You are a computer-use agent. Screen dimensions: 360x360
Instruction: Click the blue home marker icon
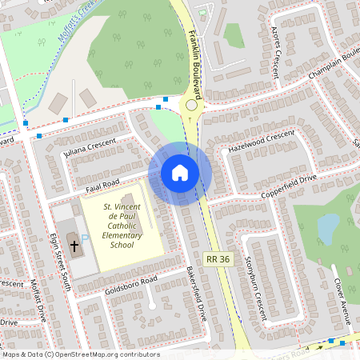[x=180, y=172]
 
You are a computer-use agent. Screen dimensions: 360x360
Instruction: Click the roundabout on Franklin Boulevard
[x=191, y=105]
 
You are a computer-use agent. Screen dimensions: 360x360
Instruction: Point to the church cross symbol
[x=74, y=244]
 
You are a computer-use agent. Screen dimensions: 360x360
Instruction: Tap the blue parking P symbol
[x=85, y=238]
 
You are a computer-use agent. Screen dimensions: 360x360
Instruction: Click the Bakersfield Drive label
[x=198, y=294]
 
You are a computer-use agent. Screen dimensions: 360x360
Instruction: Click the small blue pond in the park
[x=328, y=229]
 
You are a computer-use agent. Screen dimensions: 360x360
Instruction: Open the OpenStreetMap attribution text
[x=80, y=354]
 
